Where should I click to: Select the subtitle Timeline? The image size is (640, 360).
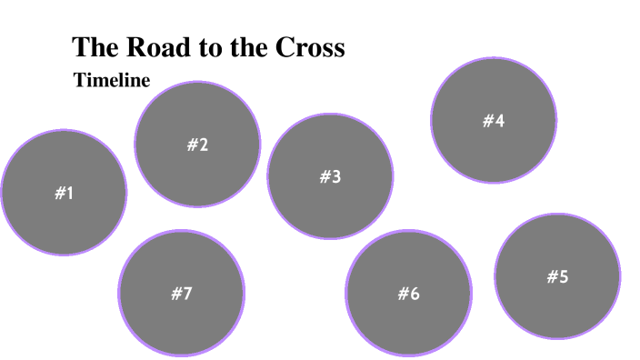[111, 80]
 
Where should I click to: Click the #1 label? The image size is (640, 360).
[64, 193]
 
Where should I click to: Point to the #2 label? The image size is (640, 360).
[197, 145]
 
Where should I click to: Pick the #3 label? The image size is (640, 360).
[330, 177]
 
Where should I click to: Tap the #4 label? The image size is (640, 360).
[494, 121]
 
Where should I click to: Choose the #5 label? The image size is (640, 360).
[557, 277]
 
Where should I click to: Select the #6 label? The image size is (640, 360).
[408, 294]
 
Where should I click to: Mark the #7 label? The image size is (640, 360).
[182, 294]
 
